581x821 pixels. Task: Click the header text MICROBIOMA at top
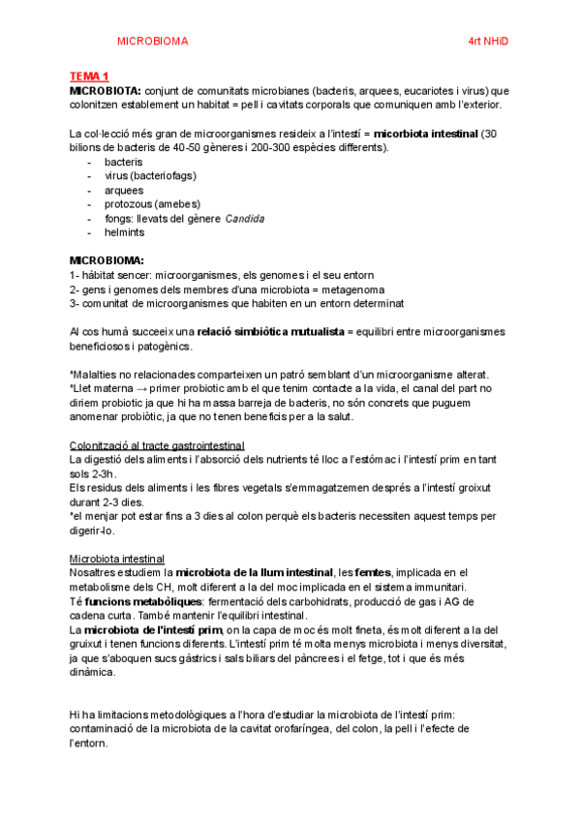pos(152,42)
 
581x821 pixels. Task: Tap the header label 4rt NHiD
pos(487,42)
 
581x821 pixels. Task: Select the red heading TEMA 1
pos(89,76)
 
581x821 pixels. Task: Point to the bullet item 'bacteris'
pos(123,162)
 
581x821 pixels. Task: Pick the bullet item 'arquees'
pos(123,190)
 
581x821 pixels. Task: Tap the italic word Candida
pos(244,219)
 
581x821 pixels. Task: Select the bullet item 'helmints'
pos(125,232)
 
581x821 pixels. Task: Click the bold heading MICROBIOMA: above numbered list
pos(107,261)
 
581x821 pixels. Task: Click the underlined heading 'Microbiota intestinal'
pos(117,559)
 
